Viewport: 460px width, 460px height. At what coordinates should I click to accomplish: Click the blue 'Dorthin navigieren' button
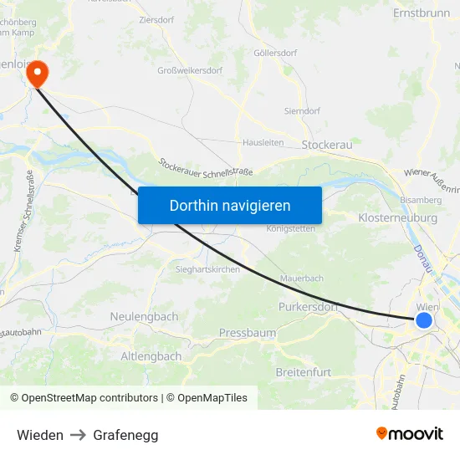point(229,205)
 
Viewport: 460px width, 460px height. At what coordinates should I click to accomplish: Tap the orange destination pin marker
point(38,74)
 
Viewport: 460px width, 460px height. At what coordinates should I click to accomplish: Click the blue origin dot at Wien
point(424,319)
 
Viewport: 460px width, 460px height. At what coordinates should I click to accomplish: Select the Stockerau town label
point(328,145)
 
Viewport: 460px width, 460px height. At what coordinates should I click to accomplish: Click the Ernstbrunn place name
point(421,13)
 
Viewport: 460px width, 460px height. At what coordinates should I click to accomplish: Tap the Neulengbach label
point(144,316)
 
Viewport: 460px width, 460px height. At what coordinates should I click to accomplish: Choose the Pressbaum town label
point(247,333)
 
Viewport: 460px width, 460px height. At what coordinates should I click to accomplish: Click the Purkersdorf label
point(307,307)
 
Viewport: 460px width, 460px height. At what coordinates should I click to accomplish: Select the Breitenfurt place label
point(303,371)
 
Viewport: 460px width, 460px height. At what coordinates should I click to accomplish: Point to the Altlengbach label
point(151,356)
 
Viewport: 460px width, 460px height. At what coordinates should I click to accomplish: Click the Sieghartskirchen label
point(207,269)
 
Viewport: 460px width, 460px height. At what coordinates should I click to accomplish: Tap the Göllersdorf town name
point(275,53)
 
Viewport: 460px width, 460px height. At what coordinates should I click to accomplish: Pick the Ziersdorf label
point(156,18)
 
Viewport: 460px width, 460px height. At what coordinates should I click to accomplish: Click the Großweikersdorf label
point(190,70)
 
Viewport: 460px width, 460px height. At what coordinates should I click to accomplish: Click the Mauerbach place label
point(302,278)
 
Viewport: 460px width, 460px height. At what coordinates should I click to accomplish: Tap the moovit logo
point(409,434)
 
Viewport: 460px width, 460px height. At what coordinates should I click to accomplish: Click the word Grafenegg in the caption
point(125,435)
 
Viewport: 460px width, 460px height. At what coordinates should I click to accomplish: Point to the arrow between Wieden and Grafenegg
point(79,435)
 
